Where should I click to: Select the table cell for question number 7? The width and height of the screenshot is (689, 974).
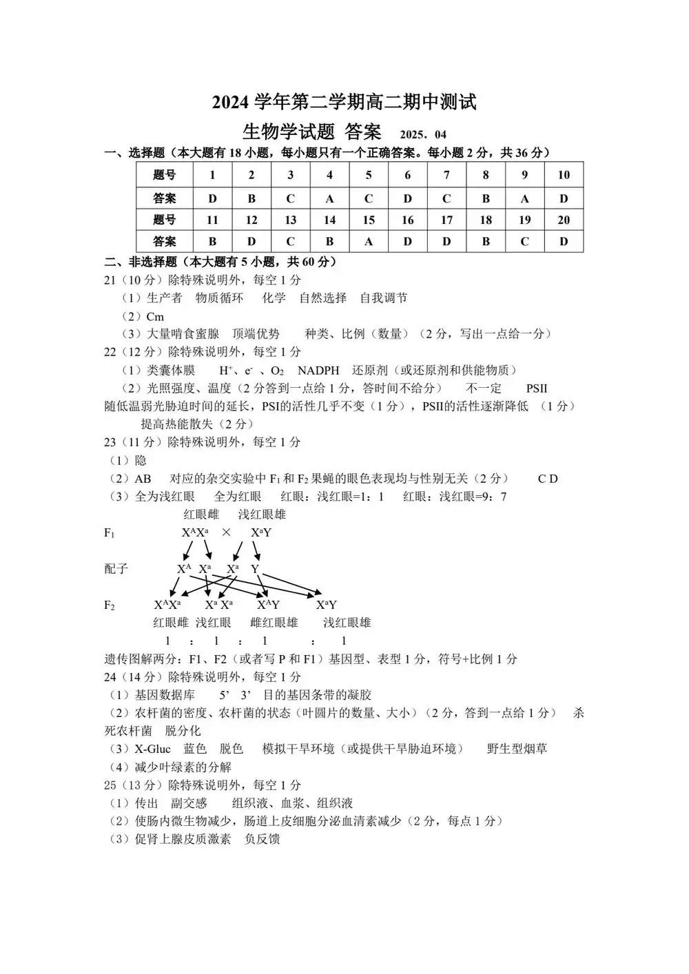pos(446,175)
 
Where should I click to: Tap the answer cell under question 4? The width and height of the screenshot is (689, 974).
pos(329,198)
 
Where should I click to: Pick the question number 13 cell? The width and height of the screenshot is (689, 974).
pos(290,220)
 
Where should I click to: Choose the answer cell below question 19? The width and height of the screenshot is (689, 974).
pos(524,241)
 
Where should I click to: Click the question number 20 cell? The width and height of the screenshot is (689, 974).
pos(564,220)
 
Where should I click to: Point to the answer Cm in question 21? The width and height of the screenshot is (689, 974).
pos(155,316)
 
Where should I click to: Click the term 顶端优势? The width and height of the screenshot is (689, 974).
pos(256,334)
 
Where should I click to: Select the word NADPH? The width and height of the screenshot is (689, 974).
pos(318,370)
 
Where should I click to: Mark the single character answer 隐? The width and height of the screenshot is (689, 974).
pos(141,460)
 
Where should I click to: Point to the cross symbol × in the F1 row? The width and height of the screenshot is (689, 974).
pos(226,532)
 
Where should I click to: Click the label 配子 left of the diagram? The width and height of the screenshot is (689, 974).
pos(116,568)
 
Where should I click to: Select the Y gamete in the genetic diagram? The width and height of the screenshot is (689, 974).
pos(255,569)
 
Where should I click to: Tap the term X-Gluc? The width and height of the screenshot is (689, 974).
pos(152,749)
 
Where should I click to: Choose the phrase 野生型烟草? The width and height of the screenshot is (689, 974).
pos(517,749)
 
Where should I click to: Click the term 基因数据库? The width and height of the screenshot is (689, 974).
pos(165,695)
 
